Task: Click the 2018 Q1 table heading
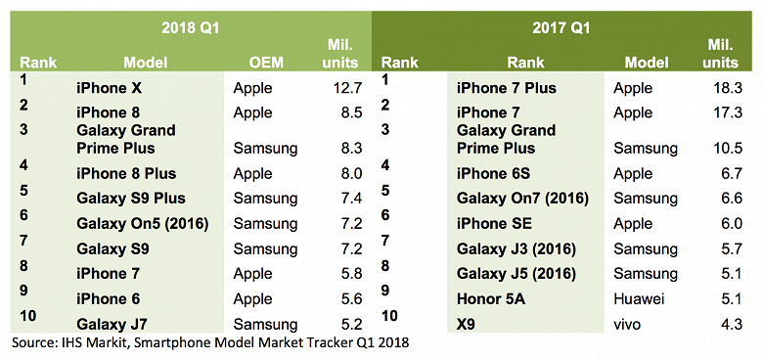(x=190, y=28)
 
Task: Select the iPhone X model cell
(x=109, y=88)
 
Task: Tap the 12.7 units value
(x=346, y=88)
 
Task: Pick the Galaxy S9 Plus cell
(x=131, y=198)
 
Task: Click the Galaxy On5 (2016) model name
(x=143, y=224)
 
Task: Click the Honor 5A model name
(x=491, y=299)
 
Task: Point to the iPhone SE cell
(x=495, y=224)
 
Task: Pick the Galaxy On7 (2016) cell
(x=521, y=198)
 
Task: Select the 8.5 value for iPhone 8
(x=350, y=112)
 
